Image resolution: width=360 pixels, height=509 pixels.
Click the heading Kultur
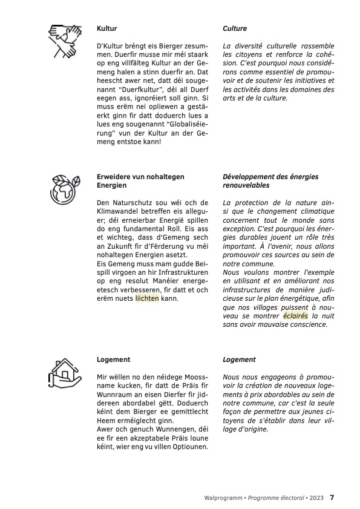point(106,28)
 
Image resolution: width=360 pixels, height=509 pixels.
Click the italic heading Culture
point(235,28)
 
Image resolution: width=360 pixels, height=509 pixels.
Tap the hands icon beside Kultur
point(63,41)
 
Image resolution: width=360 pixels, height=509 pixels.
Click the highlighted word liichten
point(147,298)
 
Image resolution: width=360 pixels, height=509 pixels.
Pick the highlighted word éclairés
point(295,315)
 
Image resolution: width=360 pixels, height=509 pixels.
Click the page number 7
point(332,498)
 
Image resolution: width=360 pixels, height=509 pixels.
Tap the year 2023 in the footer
point(316,498)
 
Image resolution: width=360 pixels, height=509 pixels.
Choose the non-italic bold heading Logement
point(114,360)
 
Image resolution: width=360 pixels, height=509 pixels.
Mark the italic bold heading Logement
point(239,360)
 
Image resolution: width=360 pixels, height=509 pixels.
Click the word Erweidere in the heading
point(114,177)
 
